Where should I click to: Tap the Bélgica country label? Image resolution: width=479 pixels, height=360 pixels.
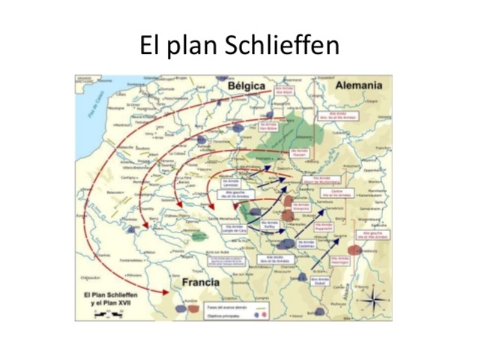pos(247,86)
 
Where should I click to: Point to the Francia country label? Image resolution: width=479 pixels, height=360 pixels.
pos(200,283)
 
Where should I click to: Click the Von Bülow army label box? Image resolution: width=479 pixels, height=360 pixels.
pos(268,127)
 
